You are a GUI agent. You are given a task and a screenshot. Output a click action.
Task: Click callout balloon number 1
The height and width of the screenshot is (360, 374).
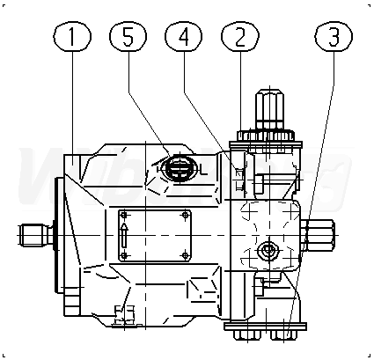[x=72, y=36]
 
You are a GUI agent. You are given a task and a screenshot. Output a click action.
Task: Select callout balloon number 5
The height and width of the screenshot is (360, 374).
[x=128, y=36]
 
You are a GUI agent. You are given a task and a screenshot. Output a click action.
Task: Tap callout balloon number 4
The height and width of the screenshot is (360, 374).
[x=184, y=36]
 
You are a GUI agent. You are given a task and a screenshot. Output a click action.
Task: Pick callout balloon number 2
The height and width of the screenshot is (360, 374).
[x=240, y=36]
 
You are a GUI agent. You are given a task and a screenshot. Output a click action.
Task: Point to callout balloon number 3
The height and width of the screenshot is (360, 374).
[x=334, y=36]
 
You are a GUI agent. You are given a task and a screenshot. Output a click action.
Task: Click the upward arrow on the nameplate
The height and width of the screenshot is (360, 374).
[x=124, y=236]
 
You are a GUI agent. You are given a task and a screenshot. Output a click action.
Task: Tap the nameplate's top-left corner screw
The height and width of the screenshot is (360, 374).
[x=124, y=216]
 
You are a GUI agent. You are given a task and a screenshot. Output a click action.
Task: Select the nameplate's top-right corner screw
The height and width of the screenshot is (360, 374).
[x=185, y=216]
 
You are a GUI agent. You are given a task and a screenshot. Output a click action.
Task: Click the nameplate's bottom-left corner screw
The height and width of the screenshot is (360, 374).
[x=124, y=255]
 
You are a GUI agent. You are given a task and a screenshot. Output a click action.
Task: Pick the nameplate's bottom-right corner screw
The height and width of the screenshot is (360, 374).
[x=185, y=255]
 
